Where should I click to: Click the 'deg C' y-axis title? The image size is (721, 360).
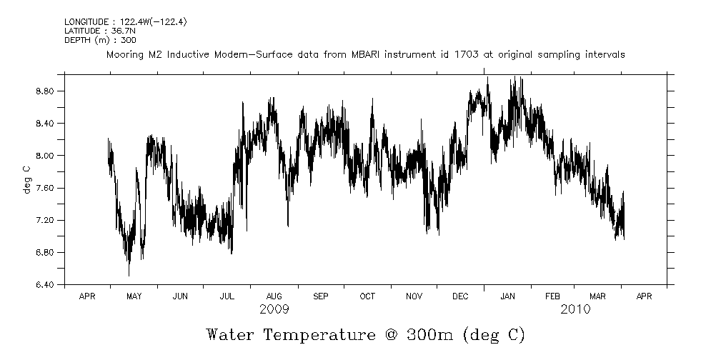click(26, 179)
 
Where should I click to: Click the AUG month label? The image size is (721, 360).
click(274, 296)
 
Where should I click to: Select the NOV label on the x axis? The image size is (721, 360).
click(414, 296)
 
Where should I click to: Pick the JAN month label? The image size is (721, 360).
click(508, 296)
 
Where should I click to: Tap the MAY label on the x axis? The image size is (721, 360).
click(134, 296)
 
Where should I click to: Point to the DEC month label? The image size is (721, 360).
click(461, 296)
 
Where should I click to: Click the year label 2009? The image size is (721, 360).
click(274, 309)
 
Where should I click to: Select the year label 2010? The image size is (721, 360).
click(575, 309)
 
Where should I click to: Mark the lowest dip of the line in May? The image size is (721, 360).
click(129, 275)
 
